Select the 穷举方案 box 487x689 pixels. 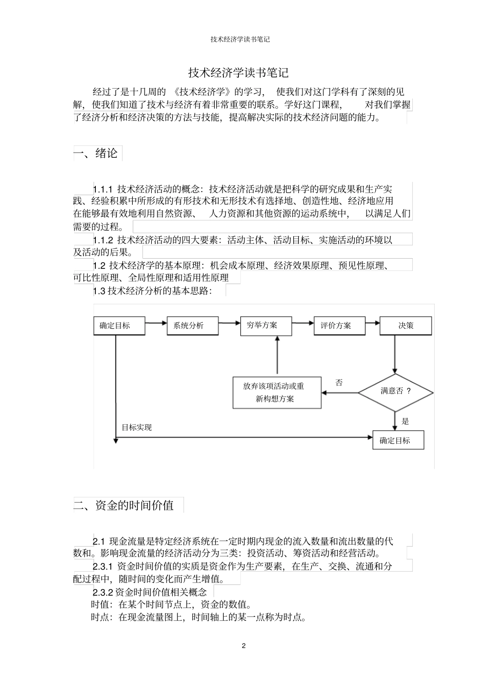266,326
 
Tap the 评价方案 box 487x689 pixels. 339,326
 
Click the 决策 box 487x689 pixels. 405,326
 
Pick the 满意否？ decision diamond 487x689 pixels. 395,392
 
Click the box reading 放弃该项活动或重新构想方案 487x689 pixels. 277,393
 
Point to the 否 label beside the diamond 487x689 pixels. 339,383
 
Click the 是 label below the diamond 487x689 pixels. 405,422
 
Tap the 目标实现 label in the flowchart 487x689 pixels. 136,427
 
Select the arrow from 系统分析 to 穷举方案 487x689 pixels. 230,323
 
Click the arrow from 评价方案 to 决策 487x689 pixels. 372,323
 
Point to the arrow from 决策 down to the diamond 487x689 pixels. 395,354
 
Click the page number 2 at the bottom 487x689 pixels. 243,645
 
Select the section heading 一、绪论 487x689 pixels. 96,153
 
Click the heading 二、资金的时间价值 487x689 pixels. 124,506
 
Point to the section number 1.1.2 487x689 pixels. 102,240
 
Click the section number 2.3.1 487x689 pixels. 102,567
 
